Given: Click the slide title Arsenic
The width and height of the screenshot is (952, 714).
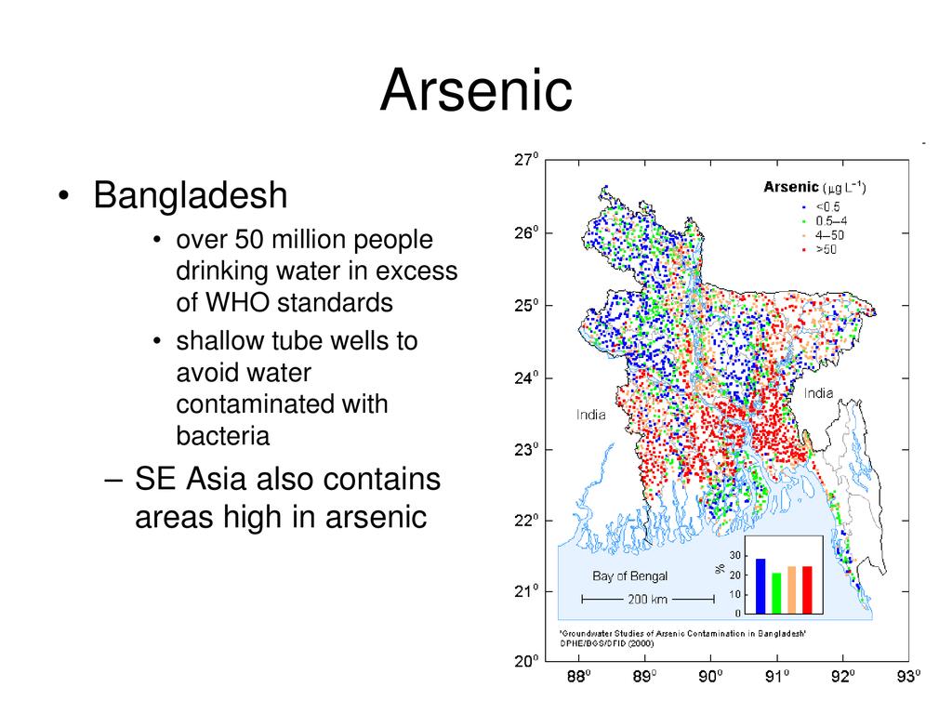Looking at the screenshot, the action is (476, 90).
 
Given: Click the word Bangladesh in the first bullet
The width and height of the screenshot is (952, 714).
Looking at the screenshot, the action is (190, 195).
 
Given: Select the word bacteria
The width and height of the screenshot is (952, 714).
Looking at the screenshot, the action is (223, 435).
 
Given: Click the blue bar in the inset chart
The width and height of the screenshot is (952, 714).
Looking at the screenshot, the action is (760, 586).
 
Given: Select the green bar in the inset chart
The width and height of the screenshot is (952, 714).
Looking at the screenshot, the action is (776, 593).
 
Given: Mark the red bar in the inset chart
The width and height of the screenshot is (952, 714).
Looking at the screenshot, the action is (807, 589).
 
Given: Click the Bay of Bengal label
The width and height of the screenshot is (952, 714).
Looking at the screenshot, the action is (629, 576).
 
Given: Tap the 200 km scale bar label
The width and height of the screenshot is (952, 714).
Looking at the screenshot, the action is (647, 600).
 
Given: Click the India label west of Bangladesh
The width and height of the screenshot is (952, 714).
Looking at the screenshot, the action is (590, 415).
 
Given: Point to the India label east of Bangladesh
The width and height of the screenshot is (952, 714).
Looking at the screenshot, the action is (818, 393).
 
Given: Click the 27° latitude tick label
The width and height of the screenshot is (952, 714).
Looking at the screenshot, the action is (526, 160).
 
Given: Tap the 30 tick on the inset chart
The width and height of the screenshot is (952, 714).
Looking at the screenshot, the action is (734, 556).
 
